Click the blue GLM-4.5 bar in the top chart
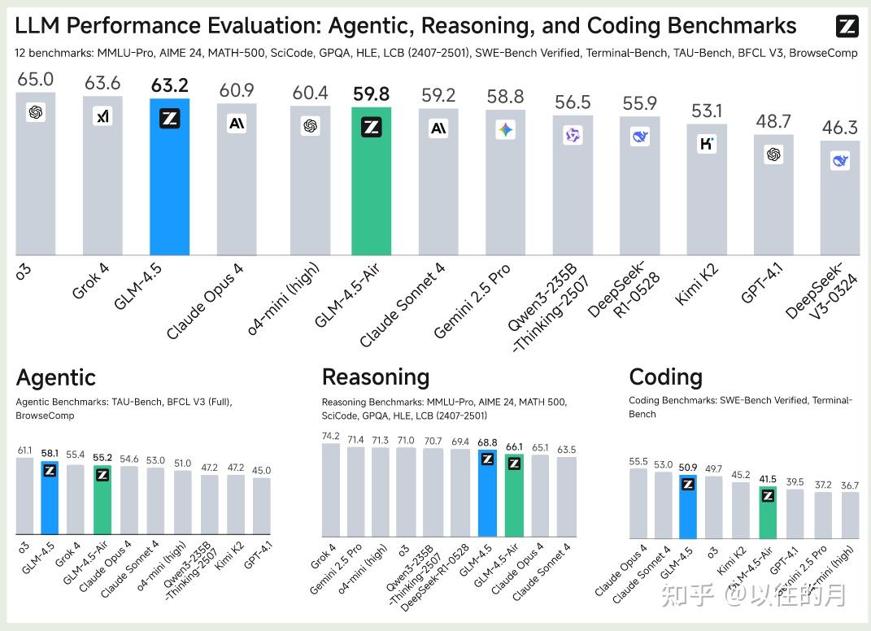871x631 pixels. point(169,179)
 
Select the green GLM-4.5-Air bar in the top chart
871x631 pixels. point(371,183)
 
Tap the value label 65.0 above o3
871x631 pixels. point(35,79)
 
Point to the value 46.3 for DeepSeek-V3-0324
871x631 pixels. point(840,128)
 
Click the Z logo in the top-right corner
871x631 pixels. point(847,27)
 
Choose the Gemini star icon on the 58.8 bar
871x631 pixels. point(506,129)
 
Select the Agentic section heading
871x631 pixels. point(55,377)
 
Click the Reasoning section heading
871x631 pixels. point(375,377)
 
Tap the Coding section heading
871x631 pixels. point(665,377)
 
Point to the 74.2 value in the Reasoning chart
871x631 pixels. point(330,436)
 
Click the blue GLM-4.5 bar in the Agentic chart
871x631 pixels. point(50,498)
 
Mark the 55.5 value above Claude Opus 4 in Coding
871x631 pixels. point(638,461)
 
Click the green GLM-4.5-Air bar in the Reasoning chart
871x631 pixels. point(514,496)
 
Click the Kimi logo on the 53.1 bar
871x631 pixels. point(707,145)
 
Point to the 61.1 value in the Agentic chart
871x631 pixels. point(24,450)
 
